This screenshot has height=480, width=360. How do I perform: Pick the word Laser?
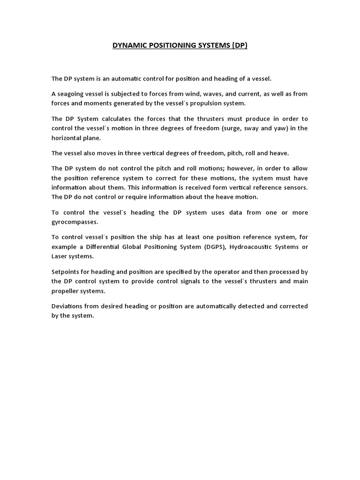pos(59,256)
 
